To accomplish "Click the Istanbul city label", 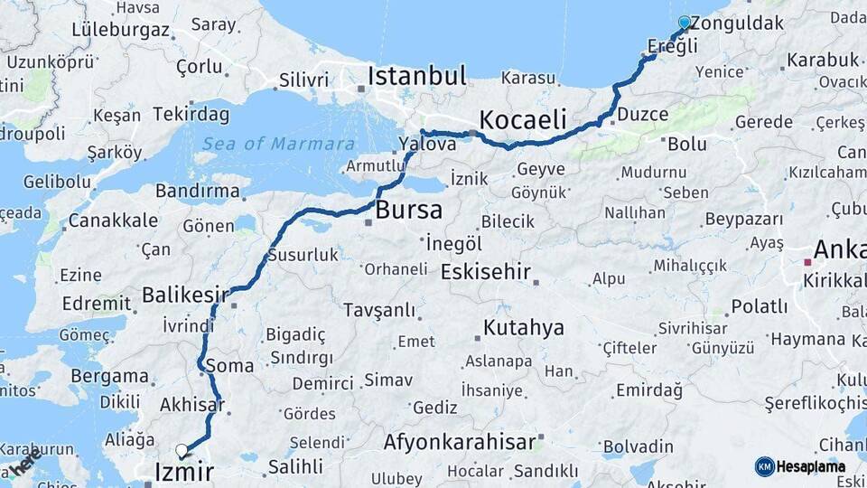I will (x=416, y=76).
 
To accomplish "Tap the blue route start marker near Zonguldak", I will (x=685, y=23).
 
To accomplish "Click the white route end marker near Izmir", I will (x=182, y=450).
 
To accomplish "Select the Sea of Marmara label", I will (x=278, y=144).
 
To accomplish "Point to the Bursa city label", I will (x=408, y=211).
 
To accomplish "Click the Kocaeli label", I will (x=523, y=119).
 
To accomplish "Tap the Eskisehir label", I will (x=486, y=271).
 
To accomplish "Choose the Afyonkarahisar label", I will (x=460, y=443).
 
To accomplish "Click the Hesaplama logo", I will (x=800, y=466).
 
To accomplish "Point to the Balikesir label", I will (x=185, y=295).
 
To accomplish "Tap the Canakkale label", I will (x=113, y=221).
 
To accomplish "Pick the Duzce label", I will (x=644, y=115).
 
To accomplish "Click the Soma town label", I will (x=229, y=366).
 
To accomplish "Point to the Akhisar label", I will (x=191, y=405).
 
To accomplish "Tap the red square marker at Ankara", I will (x=807, y=262).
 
